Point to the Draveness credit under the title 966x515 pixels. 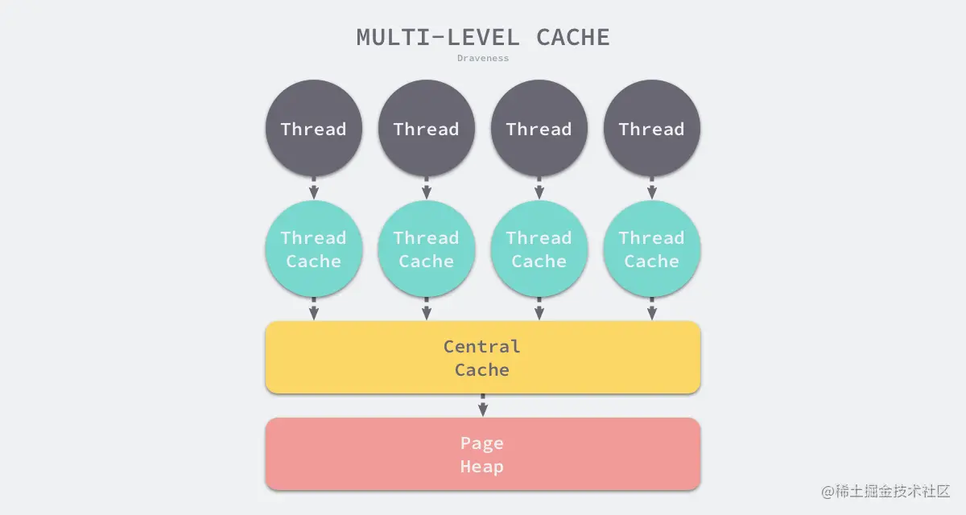[x=483, y=58]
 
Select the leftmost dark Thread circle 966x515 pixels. [x=314, y=129]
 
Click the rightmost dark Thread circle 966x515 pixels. [x=652, y=129]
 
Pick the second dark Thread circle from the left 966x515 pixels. [x=427, y=129]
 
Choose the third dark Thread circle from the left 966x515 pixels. [x=539, y=129]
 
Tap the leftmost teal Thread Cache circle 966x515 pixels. [x=314, y=249]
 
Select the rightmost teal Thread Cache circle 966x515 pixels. [x=652, y=249]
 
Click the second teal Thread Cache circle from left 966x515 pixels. [x=427, y=249]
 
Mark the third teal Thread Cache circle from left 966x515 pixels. [x=539, y=249]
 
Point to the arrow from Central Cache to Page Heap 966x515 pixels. [x=483, y=405]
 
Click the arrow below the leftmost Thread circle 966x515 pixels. [x=314, y=188]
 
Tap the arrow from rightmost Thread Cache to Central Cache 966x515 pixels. [x=652, y=309]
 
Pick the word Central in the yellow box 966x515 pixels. [x=482, y=347]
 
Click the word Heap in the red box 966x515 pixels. [x=482, y=467]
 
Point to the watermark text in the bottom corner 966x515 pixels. [x=885, y=491]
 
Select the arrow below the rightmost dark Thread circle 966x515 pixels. [x=652, y=188]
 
